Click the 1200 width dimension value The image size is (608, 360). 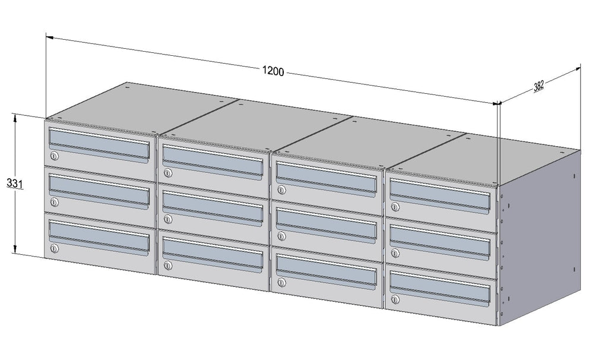click(x=273, y=71)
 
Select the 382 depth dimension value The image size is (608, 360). click(x=539, y=86)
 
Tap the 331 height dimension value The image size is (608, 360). click(x=14, y=183)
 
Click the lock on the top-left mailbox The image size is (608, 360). click(x=54, y=156)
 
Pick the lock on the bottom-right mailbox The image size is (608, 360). click(x=395, y=299)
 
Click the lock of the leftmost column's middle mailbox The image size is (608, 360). click(x=54, y=202)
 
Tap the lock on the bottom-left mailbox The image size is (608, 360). click(x=54, y=248)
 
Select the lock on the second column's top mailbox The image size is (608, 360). click(x=167, y=173)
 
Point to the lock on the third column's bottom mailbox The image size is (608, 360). click(x=281, y=282)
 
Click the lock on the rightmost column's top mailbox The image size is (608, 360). click(x=395, y=207)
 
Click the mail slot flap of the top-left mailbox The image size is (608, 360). click(x=99, y=144)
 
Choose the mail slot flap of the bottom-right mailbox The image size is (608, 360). click(x=440, y=288)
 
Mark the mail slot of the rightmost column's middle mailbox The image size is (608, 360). click(x=440, y=241)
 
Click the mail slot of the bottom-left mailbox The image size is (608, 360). click(x=99, y=236)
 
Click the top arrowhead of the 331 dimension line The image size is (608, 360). click(x=15, y=117)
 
